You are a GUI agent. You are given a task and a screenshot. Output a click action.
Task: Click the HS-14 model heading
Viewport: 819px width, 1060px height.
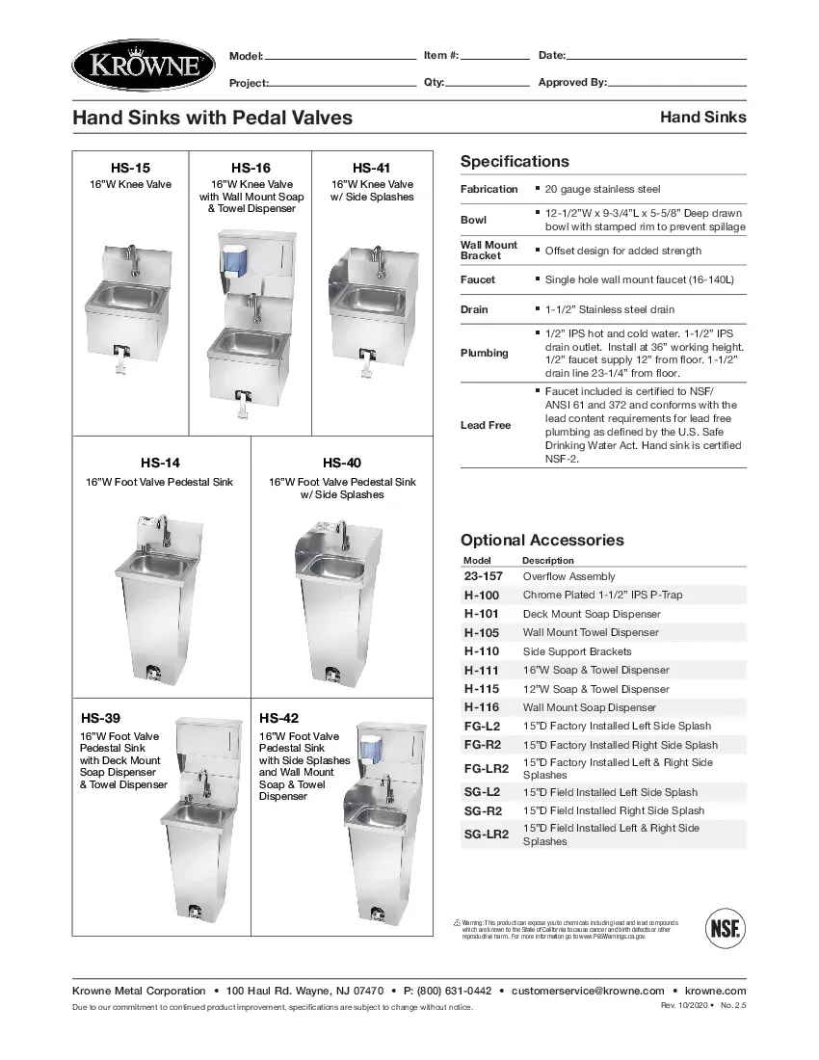coord(160,463)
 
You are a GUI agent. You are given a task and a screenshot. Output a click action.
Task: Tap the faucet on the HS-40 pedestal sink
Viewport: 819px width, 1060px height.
coord(338,533)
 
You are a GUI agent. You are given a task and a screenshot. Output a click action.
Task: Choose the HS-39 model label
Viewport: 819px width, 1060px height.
coord(100,718)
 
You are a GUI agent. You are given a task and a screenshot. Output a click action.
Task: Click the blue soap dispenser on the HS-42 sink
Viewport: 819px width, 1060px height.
coord(368,749)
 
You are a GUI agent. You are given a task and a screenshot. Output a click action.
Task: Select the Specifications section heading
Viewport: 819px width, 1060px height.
coord(515,162)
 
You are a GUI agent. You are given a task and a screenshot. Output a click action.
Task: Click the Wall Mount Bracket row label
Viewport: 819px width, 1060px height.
coord(489,251)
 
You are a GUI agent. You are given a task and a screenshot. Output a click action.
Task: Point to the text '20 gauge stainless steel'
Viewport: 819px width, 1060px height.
coord(602,190)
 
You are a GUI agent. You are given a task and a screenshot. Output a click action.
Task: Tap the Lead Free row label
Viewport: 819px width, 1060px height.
coord(486,425)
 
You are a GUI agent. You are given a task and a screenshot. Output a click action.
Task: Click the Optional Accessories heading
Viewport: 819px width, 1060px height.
coord(542,541)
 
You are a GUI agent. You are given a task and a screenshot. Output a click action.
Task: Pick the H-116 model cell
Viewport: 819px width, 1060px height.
coord(482,707)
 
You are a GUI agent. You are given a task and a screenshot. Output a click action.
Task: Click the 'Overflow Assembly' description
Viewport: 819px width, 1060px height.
coord(568,576)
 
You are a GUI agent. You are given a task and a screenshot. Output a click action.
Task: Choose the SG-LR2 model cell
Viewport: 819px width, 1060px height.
coord(487,835)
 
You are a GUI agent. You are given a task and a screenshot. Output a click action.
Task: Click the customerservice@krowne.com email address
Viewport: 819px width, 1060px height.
coord(588,991)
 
